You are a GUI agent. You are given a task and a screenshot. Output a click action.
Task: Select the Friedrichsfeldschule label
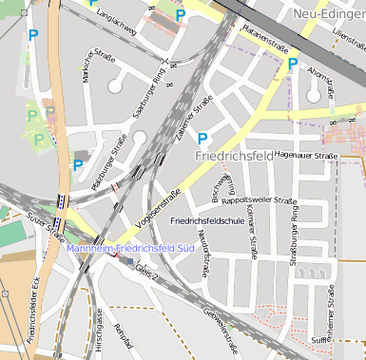pos(207,220)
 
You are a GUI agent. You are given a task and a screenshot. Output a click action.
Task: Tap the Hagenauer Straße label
pos(306,154)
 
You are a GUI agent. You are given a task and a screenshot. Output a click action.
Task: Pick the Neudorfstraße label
pos(203,258)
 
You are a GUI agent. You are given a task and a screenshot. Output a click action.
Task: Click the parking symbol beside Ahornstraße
pos(293,65)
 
